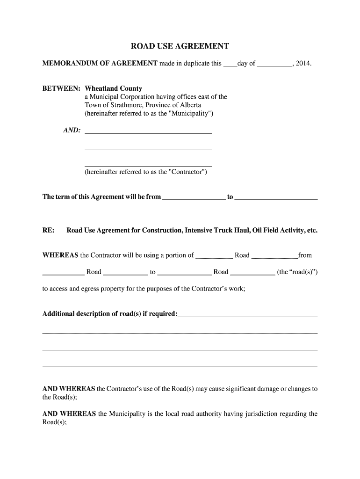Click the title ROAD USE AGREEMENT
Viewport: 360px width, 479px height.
180,46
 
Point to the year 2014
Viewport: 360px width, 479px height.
303,63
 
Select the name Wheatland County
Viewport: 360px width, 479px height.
113,88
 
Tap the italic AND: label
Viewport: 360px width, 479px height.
72,130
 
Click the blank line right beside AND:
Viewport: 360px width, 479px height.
148,132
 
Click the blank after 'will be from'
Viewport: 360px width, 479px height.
193,198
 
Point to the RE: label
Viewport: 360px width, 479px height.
48,231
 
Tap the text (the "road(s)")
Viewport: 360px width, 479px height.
297,272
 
